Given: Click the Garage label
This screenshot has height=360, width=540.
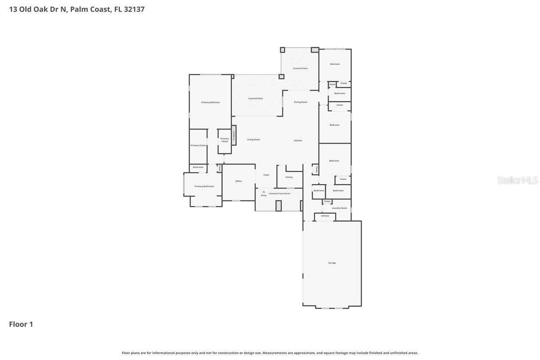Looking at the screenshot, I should click(x=332, y=263).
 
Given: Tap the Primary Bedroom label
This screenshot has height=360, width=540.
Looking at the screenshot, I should click(x=210, y=102).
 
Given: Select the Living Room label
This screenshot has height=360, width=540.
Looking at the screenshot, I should click(x=253, y=139).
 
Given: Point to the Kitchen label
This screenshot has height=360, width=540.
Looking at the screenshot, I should click(x=298, y=140).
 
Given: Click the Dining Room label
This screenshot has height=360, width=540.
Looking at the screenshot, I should click(x=301, y=102).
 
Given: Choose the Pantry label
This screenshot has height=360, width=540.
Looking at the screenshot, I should click(x=289, y=177).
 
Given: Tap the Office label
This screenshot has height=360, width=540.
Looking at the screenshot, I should click(x=238, y=181).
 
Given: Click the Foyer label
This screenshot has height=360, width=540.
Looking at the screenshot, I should click(x=266, y=175).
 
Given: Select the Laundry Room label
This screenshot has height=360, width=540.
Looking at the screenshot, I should click(x=339, y=208).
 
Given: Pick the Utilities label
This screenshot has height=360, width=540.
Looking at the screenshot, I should click(x=325, y=216).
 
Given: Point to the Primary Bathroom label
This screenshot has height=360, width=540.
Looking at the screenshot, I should click(x=204, y=186).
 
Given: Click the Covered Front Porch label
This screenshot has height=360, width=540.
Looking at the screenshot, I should click(x=279, y=193).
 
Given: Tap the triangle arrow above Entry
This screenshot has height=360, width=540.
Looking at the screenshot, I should click(x=264, y=192).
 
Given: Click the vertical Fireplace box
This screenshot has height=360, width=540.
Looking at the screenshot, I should click(x=234, y=135).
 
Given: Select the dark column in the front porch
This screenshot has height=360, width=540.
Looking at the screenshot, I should click(x=279, y=206).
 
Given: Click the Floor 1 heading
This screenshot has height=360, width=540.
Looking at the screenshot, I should click(x=21, y=324).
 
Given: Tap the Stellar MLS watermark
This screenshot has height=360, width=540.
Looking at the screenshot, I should click(x=517, y=180).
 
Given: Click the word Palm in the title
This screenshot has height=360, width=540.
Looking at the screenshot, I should click(x=79, y=9).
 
